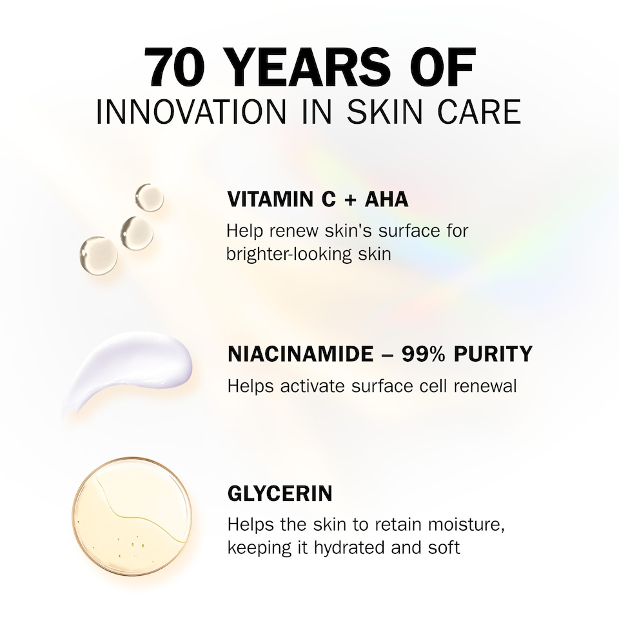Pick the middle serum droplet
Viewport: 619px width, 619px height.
[x=137, y=232]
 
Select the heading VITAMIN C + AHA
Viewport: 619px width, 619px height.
[x=318, y=200]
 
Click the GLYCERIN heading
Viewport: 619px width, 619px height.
[x=280, y=494]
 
